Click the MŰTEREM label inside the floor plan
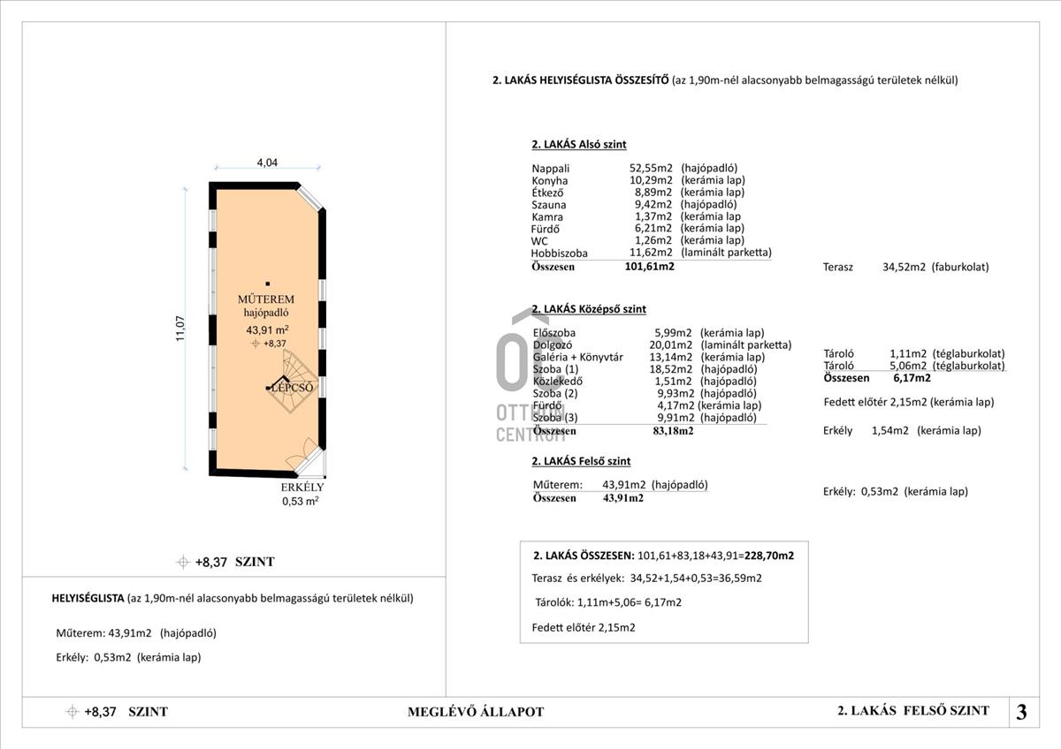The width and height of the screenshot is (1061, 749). tap(269, 299)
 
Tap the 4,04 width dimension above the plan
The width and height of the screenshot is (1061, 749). tap(267, 163)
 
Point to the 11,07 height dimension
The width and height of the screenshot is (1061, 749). tap(180, 329)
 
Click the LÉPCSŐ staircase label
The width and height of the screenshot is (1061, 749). tap(294, 388)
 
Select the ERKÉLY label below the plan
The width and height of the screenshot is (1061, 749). tap(302, 488)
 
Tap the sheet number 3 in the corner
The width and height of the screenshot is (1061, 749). tap(1021, 712)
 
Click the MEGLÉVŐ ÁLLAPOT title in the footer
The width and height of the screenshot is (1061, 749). tap(476, 712)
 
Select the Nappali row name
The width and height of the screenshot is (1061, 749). tap(551, 168)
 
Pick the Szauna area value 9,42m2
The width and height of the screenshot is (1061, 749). tap(650, 204)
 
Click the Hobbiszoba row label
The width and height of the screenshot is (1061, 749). tap(559, 253)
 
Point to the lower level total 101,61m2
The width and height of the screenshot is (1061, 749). tap(649, 265)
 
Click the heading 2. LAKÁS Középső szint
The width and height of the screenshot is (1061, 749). tap(589, 309)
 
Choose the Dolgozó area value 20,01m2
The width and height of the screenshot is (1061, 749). tap(673, 345)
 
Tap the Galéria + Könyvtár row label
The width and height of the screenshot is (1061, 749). tap(578, 357)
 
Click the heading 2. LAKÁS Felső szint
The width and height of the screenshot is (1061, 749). tap(581, 461)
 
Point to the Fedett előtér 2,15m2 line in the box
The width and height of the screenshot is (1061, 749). tap(577, 628)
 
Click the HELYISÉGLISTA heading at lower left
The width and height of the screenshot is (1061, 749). tap(88, 598)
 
